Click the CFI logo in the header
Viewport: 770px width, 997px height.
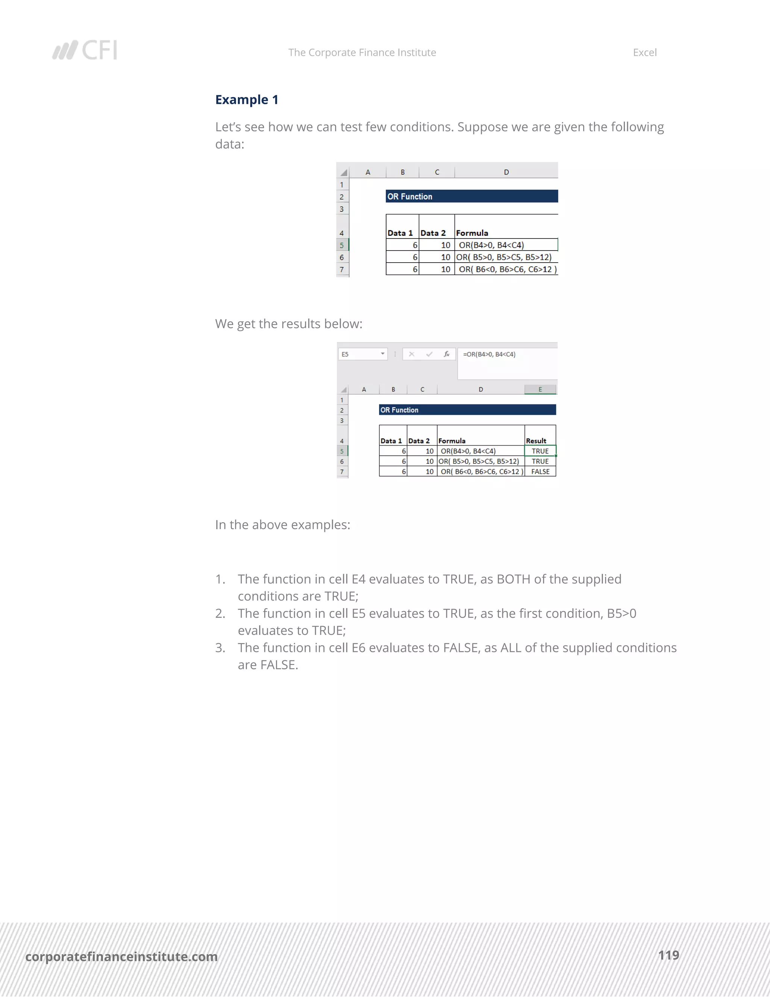click(x=85, y=50)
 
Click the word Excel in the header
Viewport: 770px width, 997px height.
click(x=644, y=53)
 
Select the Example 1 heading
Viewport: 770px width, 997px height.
click(x=246, y=100)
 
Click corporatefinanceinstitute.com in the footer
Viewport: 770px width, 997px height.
click(x=121, y=956)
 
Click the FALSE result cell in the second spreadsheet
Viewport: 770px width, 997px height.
click(x=540, y=471)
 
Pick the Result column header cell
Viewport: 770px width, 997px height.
click(x=536, y=441)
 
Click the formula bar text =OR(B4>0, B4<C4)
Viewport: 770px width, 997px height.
click(x=489, y=354)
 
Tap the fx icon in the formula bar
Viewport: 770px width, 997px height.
click(x=447, y=354)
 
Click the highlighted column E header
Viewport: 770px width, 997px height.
click(x=540, y=389)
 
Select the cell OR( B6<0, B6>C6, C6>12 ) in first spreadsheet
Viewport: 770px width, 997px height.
click(x=507, y=269)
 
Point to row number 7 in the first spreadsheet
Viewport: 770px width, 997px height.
click(x=342, y=269)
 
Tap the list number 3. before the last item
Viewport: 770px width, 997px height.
click(x=220, y=647)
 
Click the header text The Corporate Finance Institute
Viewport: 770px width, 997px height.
click(x=362, y=53)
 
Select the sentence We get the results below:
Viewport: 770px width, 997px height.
click(x=289, y=324)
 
